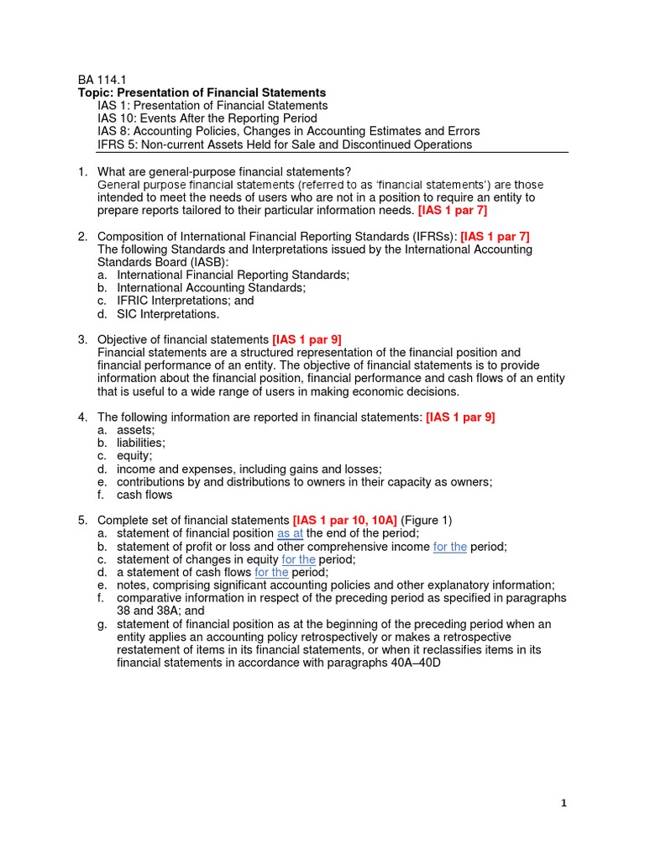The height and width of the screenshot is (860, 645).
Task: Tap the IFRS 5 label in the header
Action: [x=113, y=144]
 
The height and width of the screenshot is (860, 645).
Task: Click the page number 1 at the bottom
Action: [x=564, y=803]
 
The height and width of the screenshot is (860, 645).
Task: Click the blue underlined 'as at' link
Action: [x=290, y=533]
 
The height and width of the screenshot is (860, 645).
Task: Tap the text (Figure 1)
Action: [x=426, y=521]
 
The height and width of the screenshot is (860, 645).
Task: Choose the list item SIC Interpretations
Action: [x=167, y=314]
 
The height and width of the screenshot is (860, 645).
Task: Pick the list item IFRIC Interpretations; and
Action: [x=185, y=301]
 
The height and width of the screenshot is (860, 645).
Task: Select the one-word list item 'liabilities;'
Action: [x=141, y=443]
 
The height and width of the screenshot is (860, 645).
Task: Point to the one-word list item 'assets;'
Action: [x=136, y=430]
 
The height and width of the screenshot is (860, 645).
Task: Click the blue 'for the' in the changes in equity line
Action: [x=298, y=559]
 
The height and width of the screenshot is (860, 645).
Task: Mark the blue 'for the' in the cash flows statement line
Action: [x=271, y=572]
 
